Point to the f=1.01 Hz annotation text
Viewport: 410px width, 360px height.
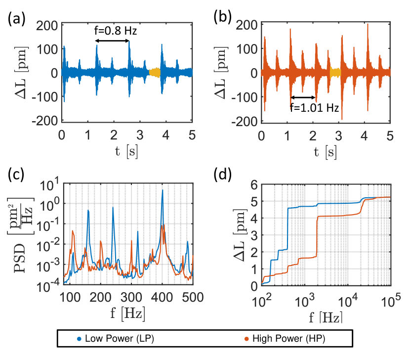tap(315, 108)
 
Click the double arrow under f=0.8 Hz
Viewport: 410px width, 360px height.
tap(113, 41)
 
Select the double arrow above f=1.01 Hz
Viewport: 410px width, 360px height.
tap(303, 97)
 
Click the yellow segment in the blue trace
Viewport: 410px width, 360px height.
tap(155, 72)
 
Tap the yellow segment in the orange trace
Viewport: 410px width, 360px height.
tap(336, 72)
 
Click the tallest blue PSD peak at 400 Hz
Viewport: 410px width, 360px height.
tap(162, 191)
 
